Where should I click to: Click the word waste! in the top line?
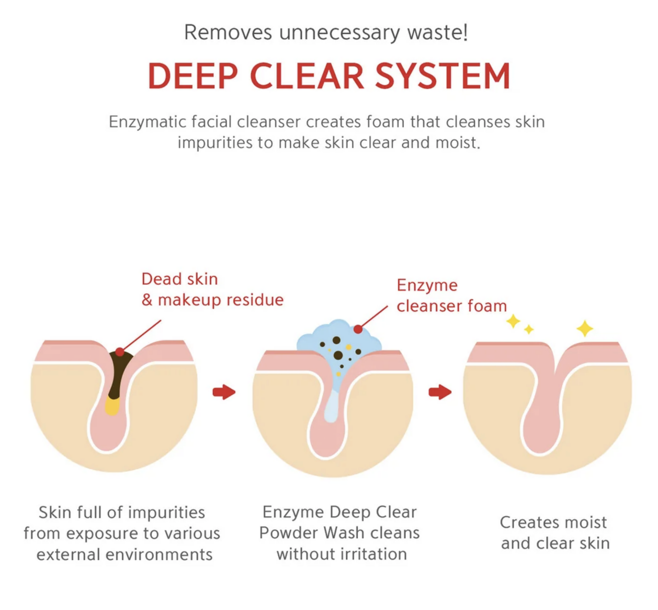click(x=438, y=32)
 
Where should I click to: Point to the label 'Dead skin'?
click(x=180, y=279)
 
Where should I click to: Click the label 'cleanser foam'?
click(x=452, y=306)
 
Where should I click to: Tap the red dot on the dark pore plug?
click(x=119, y=352)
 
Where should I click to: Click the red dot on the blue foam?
click(x=358, y=329)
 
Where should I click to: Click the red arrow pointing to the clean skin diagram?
click(x=440, y=392)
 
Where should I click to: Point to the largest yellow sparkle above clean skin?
click(x=585, y=328)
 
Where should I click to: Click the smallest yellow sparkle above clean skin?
click(x=529, y=329)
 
